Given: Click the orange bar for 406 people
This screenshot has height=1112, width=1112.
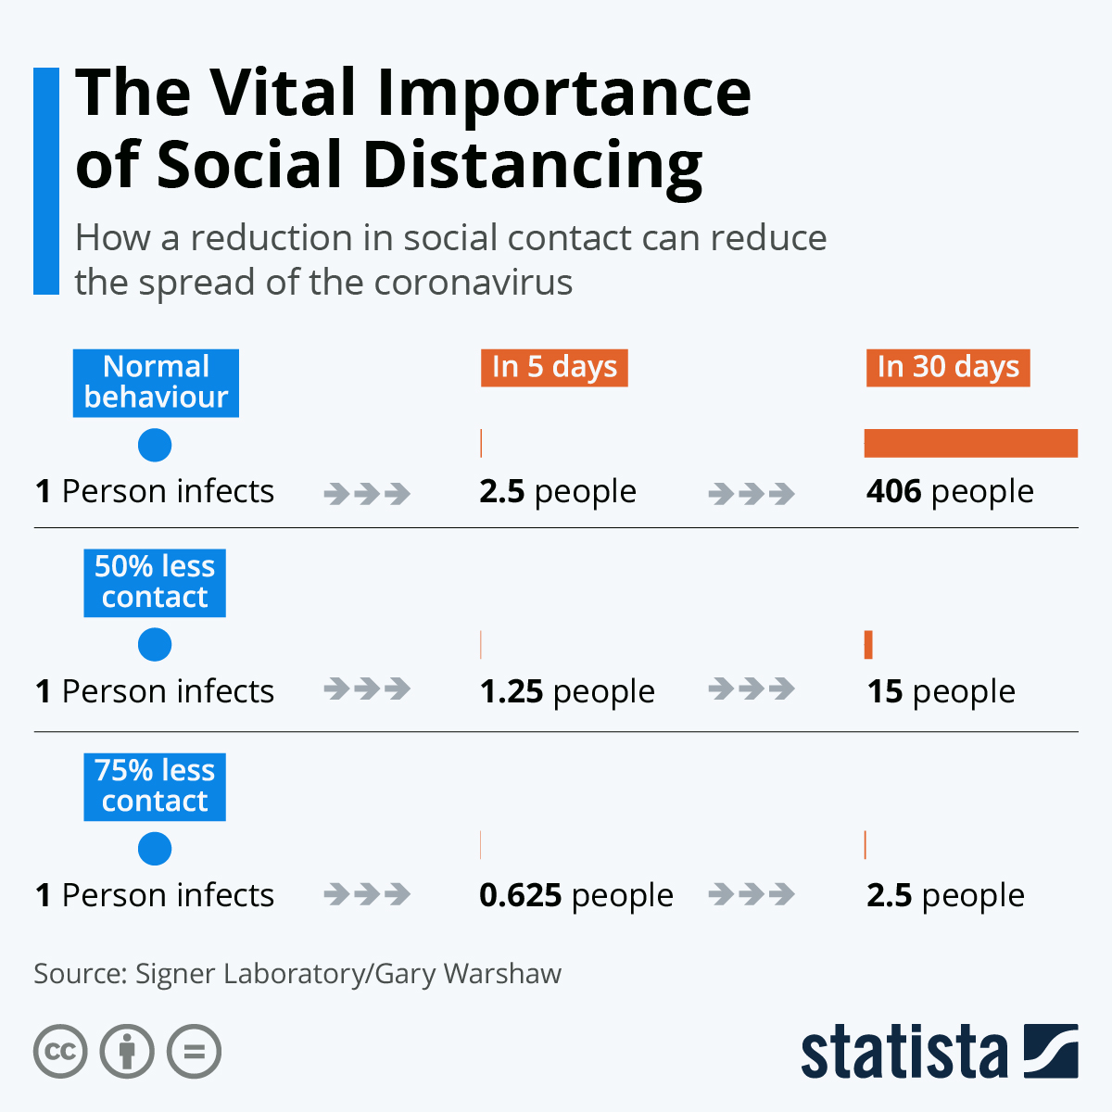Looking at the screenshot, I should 970,443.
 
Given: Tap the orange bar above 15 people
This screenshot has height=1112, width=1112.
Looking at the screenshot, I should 868,644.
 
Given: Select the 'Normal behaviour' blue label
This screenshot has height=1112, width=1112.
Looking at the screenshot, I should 156,383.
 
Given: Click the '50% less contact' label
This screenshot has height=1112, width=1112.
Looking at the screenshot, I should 155,583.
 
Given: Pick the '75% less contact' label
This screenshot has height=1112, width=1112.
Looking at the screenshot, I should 155,787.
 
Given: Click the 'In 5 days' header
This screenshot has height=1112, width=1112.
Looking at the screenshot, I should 554,367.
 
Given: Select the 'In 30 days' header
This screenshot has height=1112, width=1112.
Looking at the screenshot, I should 947,367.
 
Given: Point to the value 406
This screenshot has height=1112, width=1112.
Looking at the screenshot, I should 894,491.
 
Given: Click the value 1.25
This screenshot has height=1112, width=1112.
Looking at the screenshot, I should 512,691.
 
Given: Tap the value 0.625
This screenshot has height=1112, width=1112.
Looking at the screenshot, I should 521,895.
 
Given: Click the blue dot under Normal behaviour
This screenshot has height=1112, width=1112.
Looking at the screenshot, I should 155,446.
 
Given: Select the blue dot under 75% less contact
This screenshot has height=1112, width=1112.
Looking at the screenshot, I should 155,849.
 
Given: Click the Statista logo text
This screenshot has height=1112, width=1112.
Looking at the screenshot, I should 903,1053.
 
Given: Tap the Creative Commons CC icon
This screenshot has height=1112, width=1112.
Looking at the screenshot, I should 60,1052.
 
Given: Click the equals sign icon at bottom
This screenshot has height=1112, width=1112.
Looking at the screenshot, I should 194,1052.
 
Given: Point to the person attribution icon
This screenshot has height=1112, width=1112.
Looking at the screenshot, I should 127,1052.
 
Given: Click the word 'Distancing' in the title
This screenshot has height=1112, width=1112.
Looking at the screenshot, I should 532,165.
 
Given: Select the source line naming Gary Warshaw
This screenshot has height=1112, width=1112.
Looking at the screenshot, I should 297,974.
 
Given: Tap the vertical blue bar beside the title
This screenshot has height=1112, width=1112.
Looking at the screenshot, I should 45,181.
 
